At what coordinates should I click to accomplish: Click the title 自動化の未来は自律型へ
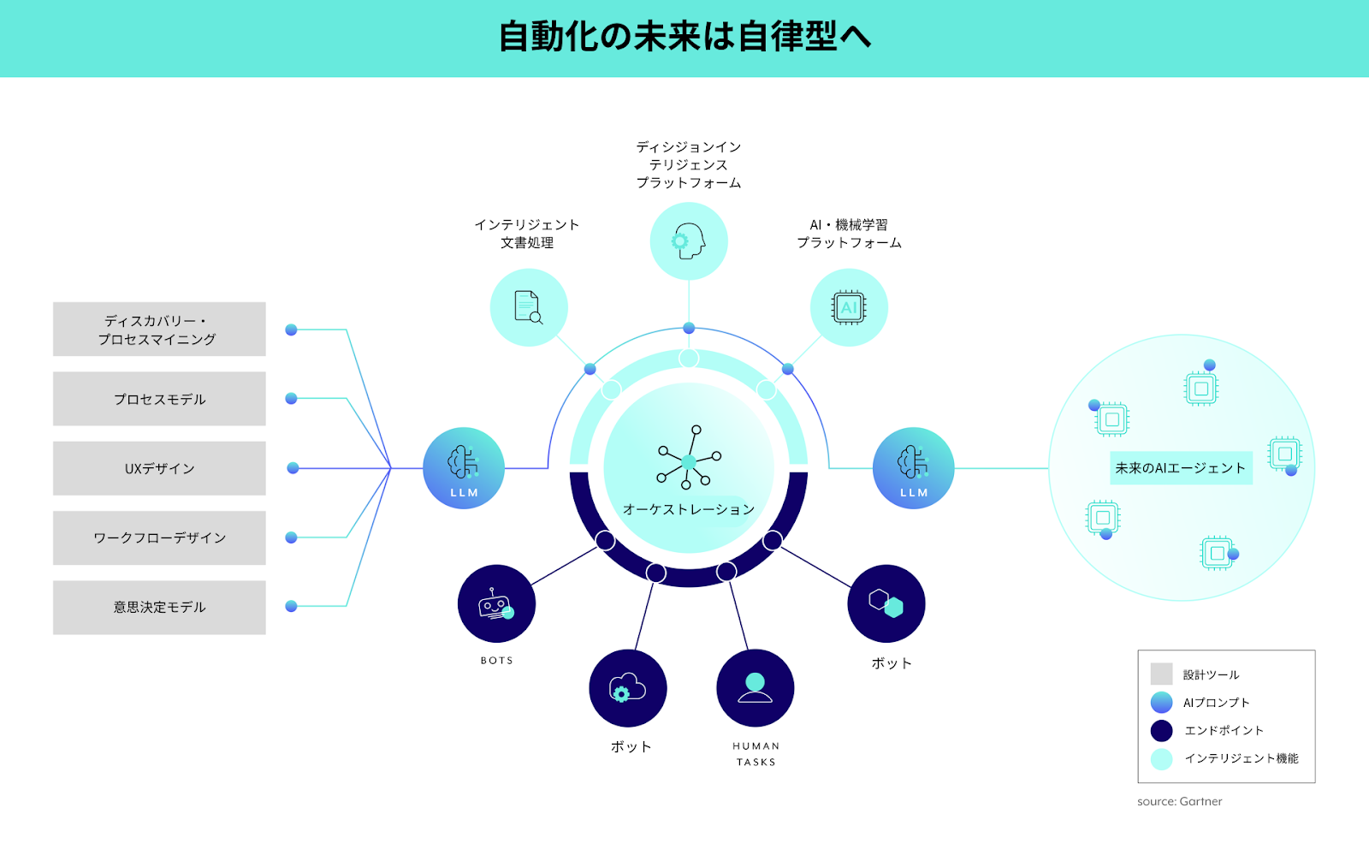684,37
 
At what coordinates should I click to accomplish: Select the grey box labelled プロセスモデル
159,399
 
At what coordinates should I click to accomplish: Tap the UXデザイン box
159,468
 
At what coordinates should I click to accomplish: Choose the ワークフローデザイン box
159,537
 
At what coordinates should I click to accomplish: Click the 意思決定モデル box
159,607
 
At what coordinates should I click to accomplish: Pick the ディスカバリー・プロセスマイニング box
159,330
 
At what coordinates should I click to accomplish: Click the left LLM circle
464,468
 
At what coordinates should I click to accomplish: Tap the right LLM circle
913,468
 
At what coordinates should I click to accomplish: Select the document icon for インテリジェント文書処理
529,307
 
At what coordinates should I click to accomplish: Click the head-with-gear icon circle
689,241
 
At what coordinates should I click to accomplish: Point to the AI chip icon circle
849,307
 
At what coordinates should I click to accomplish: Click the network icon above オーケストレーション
689,458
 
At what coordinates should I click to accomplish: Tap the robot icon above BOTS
496,603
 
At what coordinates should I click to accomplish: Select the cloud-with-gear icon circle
628,688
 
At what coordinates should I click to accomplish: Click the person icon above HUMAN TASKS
755,688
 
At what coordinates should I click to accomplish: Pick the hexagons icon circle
886,603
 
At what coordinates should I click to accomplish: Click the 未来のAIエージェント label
1181,468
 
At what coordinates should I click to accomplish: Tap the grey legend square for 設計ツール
1161,674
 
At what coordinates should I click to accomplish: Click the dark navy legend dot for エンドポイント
1161,730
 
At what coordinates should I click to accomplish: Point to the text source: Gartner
1179,801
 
